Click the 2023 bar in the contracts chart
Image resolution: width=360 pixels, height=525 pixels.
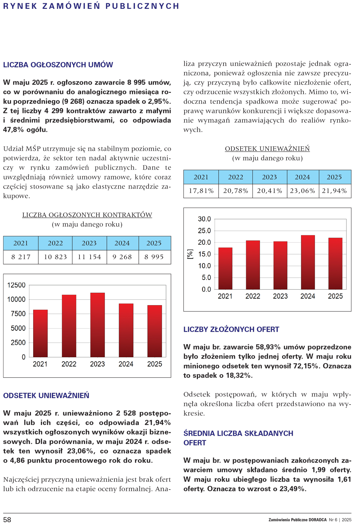click(x=97, y=325)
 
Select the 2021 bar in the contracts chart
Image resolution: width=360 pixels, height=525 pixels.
click(x=40, y=333)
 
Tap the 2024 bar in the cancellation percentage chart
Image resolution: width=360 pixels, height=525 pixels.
click(x=308, y=262)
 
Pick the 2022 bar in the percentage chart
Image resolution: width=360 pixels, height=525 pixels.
click(x=253, y=265)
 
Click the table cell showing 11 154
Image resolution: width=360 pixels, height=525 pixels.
click(x=89, y=257)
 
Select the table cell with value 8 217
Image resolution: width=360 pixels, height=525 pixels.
click(x=21, y=257)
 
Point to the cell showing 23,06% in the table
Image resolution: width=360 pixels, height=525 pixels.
click(x=303, y=191)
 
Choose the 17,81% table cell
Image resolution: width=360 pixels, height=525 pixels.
click(x=201, y=191)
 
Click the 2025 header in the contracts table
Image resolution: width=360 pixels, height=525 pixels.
click(x=154, y=243)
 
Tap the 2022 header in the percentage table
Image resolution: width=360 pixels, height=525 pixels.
click(x=236, y=177)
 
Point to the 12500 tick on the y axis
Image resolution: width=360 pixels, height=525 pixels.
click(x=16, y=285)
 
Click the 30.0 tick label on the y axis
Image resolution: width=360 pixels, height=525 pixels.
click(x=204, y=219)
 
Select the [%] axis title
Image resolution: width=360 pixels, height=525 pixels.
click(x=190, y=254)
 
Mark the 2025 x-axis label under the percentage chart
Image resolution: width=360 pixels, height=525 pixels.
click(x=335, y=296)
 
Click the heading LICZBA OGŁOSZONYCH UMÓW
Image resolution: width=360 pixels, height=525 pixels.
click(x=58, y=65)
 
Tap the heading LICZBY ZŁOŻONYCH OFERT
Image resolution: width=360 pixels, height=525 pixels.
click(x=231, y=329)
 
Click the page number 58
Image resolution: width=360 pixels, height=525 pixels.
click(x=7, y=520)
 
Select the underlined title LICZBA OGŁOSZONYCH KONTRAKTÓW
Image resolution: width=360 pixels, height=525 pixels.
click(x=87, y=215)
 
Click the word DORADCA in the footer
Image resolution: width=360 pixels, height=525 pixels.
click(x=317, y=520)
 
